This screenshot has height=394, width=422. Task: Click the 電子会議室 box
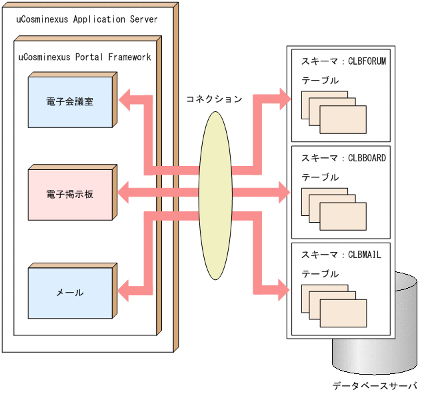(x=70, y=102)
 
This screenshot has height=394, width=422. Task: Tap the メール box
(x=70, y=292)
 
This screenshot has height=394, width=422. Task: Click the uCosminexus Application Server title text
(x=87, y=19)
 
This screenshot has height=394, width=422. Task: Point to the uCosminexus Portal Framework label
(x=83, y=57)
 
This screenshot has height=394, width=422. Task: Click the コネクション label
(x=214, y=99)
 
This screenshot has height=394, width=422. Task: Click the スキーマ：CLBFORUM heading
(x=343, y=61)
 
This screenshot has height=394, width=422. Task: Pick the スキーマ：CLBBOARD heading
(x=343, y=158)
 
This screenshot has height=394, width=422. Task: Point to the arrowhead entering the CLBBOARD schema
(x=283, y=193)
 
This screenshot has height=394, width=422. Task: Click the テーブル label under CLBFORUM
(x=320, y=81)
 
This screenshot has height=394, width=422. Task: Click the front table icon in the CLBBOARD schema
(x=343, y=216)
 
